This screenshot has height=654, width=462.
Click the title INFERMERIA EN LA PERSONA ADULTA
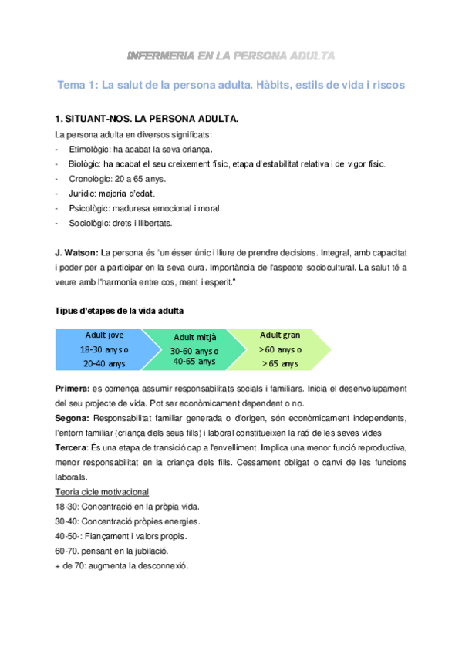231,56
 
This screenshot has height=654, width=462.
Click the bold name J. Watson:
76,253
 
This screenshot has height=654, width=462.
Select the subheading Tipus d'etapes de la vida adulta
119,311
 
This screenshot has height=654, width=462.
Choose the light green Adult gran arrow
282,349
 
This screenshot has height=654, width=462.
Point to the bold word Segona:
73,418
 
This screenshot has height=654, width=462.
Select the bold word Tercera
71,448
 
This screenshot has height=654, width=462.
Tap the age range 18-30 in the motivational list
66,507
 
